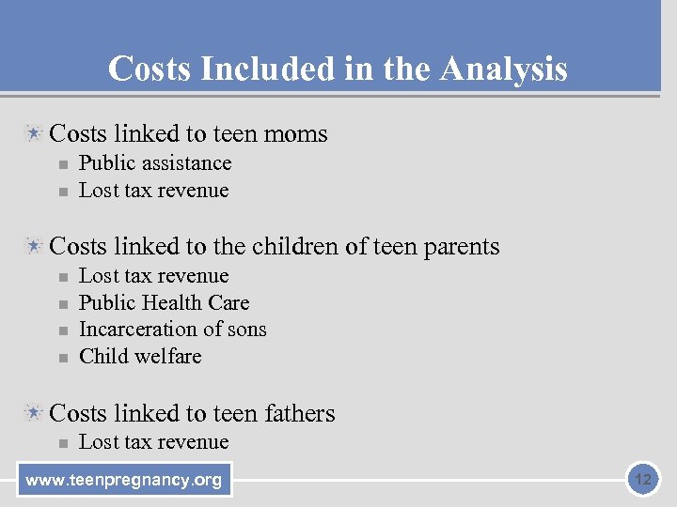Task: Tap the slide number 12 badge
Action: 643,481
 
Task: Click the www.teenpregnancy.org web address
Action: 124,481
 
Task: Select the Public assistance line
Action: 155,163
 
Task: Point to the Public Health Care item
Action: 164,302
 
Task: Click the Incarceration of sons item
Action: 172,330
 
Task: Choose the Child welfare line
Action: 140,357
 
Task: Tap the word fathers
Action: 300,413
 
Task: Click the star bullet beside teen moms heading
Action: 34,133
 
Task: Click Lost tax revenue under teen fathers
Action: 153,442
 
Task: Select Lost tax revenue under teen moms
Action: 153,191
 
